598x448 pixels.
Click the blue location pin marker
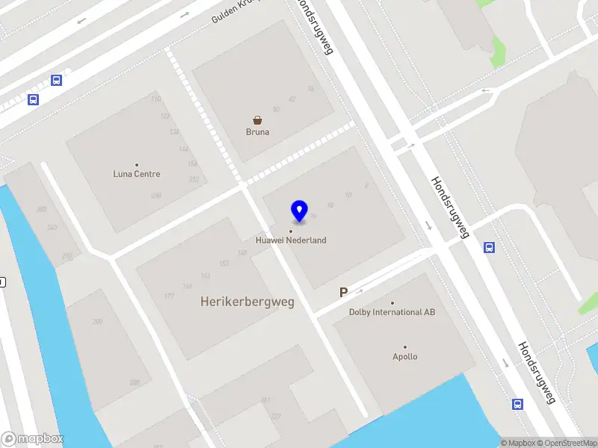[300, 211]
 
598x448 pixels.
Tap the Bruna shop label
[258, 132]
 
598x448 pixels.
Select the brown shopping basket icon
[258, 119]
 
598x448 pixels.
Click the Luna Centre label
[137, 174]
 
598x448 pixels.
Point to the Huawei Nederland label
[291, 240]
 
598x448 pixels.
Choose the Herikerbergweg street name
[247, 302]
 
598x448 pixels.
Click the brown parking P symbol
[344, 293]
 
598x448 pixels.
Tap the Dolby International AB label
[392, 312]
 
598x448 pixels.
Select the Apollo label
[405, 357]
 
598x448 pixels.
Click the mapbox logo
[33, 439]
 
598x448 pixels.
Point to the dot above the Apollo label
[405, 346]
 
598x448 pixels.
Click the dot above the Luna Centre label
[137, 164]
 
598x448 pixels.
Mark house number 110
[155, 99]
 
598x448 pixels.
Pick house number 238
[156, 196]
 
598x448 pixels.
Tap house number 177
[169, 296]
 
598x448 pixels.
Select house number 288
[135, 382]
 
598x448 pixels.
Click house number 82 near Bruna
[292, 99]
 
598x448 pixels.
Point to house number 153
[224, 264]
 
